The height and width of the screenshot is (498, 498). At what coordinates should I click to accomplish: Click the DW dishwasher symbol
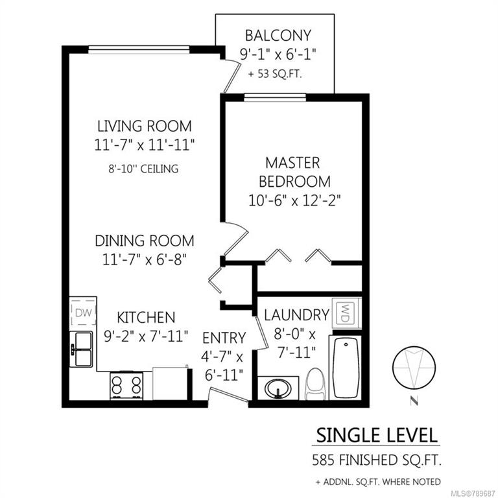pos(82,313)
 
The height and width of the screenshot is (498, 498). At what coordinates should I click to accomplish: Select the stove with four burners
pos(126,386)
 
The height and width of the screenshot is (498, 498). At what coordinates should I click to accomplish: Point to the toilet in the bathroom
pos(315,385)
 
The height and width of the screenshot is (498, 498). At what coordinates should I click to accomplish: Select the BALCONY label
pos(278,36)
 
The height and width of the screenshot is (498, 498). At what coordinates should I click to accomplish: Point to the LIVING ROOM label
pos(145,126)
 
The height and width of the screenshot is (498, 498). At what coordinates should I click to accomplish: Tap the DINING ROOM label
pos(145,241)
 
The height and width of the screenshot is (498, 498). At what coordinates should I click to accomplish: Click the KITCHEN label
pos(146,318)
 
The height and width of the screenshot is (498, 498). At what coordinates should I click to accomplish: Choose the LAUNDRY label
pos(296,315)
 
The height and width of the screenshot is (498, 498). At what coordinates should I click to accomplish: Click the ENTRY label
pos(224,338)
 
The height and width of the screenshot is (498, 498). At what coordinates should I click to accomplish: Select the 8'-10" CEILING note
pos(144,169)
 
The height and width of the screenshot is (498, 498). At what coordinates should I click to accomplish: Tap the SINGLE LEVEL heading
pos(376,435)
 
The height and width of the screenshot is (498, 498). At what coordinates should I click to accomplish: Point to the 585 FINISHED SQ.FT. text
pos(376,462)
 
